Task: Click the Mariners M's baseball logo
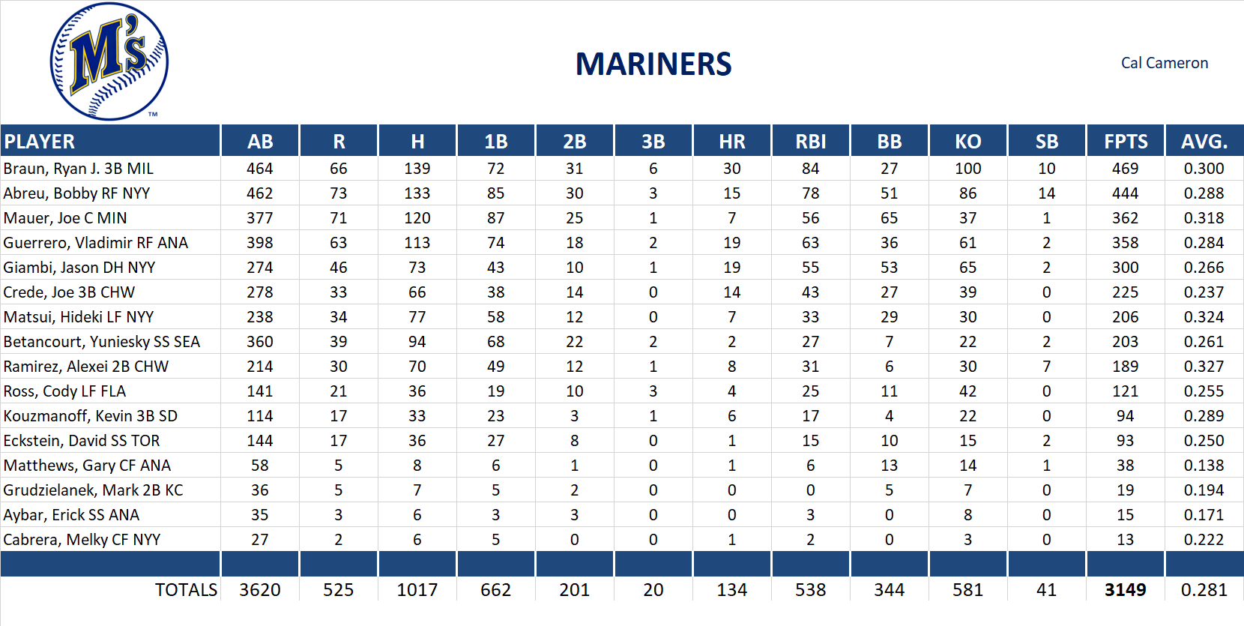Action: click(x=109, y=61)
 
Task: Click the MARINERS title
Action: click(x=653, y=64)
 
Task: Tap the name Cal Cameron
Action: click(x=1164, y=63)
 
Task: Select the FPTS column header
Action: click(x=1125, y=142)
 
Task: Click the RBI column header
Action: click(x=810, y=142)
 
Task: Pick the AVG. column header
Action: click(x=1204, y=142)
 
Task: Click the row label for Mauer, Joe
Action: click(x=65, y=218)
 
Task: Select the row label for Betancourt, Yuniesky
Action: click(x=101, y=342)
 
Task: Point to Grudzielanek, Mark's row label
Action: click(x=93, y=490)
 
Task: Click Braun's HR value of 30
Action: click(x=731, y=169)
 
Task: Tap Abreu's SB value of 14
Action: click(x=1046, y=193)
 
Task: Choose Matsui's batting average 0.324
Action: click(x=1204, y=317)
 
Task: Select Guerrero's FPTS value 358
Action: click(x=1125, y=243)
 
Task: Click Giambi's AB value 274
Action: click(x=259, y=268)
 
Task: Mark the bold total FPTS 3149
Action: click(x=1125, y=590)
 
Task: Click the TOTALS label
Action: click(x=186, y=590)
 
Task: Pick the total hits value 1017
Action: click(x=417, y=590)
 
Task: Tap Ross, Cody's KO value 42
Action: click(x=967, y=391)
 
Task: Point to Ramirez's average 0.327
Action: click(x=1204, y=367)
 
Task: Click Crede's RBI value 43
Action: click(x=810, y=292)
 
